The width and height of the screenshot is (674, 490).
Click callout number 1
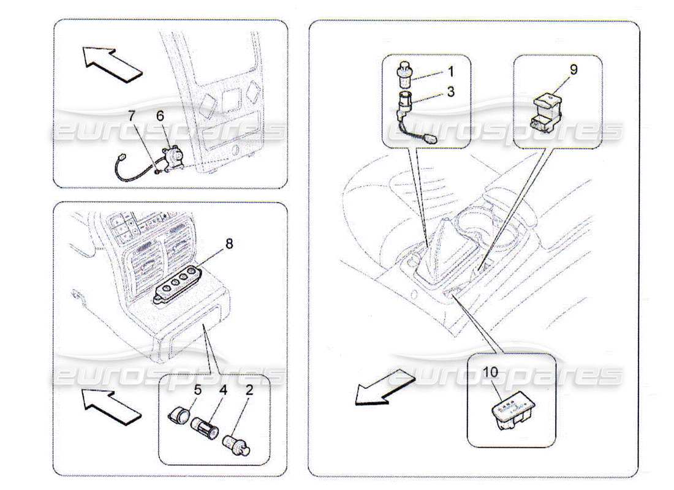[450, 72]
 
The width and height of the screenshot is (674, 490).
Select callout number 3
[450, 92]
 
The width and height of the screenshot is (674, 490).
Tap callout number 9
[574, 70]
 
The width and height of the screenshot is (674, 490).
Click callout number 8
[229, 243]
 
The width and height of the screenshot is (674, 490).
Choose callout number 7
[131, 115]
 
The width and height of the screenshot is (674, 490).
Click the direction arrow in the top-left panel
[113, 64]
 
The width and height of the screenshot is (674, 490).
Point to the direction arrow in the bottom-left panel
[113, 407]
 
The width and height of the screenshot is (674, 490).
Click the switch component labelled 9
[547, 113]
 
